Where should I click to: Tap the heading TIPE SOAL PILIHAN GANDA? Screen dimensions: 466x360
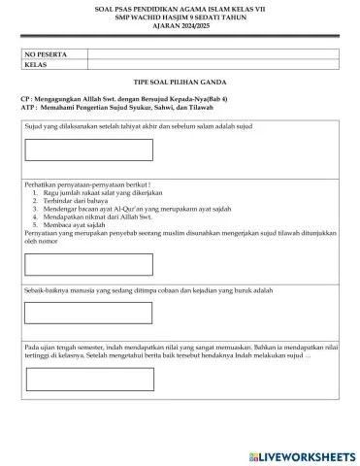180,85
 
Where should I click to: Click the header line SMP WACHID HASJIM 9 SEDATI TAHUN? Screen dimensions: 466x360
180,16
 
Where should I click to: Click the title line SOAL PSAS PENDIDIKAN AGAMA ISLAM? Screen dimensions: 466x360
180,8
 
